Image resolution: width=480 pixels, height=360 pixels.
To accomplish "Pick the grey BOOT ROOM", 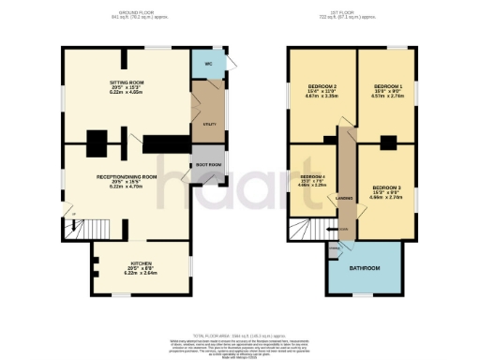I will point(207,165).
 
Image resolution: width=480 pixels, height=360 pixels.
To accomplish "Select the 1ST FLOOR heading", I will point(347,12).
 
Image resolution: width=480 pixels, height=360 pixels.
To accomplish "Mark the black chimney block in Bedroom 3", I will point(388,143).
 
